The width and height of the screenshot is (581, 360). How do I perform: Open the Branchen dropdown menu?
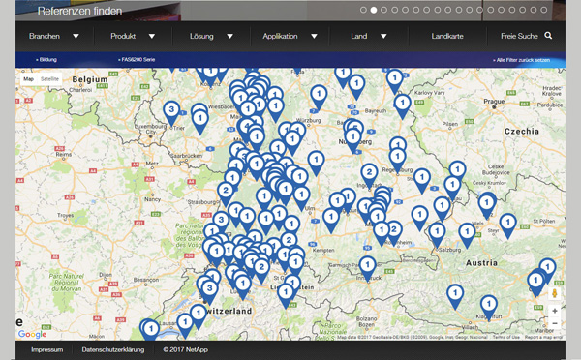click(54, 36)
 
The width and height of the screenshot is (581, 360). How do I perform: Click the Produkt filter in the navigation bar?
click(133, 36)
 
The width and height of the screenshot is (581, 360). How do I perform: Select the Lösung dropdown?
click(212, 36)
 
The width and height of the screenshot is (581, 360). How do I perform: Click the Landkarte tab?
click(447, 36)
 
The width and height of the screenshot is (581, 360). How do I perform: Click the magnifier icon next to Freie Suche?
click(548, 36)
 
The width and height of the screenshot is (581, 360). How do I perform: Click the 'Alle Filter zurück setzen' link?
click(522, 60)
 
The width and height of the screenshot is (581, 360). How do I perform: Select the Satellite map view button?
click(49, 78)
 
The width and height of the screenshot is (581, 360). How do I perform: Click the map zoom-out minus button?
click(555, 325)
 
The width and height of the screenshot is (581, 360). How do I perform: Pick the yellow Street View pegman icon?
click(555, 292)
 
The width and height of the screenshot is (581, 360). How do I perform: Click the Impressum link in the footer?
click(46, 349)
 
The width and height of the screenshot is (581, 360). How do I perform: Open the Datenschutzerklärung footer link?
click(113, 349)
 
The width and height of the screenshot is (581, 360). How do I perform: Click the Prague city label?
click(494, 100)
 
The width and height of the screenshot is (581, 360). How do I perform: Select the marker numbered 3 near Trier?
click(171, 110)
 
